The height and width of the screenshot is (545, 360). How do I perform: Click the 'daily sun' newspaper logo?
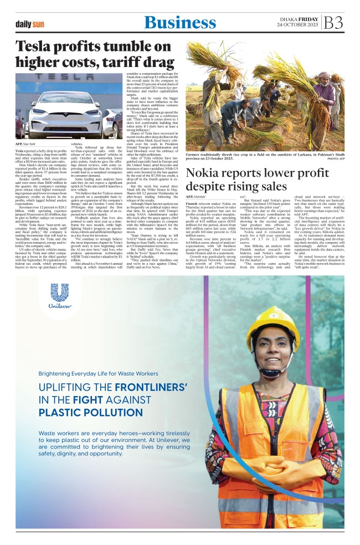(x=30, y=24)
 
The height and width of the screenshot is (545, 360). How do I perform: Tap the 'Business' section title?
(x=180, y=23)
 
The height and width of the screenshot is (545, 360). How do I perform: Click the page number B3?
(x=334, y=23)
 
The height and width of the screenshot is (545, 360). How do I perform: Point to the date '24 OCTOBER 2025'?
(x=299, y=26)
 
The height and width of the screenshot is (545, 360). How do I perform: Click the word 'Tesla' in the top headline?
(x=37, y=47)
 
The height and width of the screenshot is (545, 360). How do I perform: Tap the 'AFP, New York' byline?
(x=28, y=143)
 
